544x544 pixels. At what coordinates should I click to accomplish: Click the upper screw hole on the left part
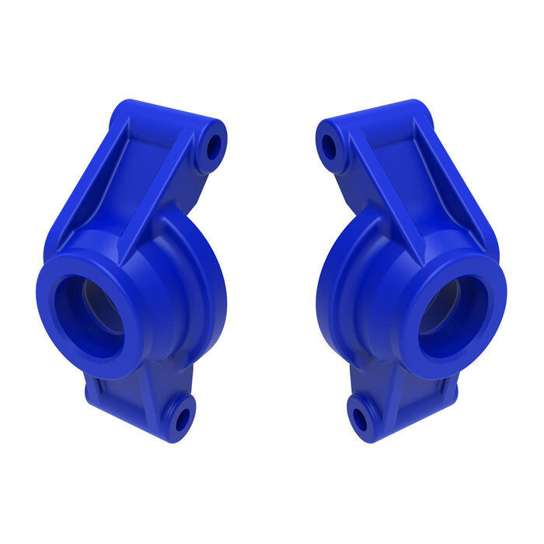click(x=213, y=145)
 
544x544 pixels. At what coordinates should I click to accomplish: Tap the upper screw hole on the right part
click(x=330, y=145)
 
